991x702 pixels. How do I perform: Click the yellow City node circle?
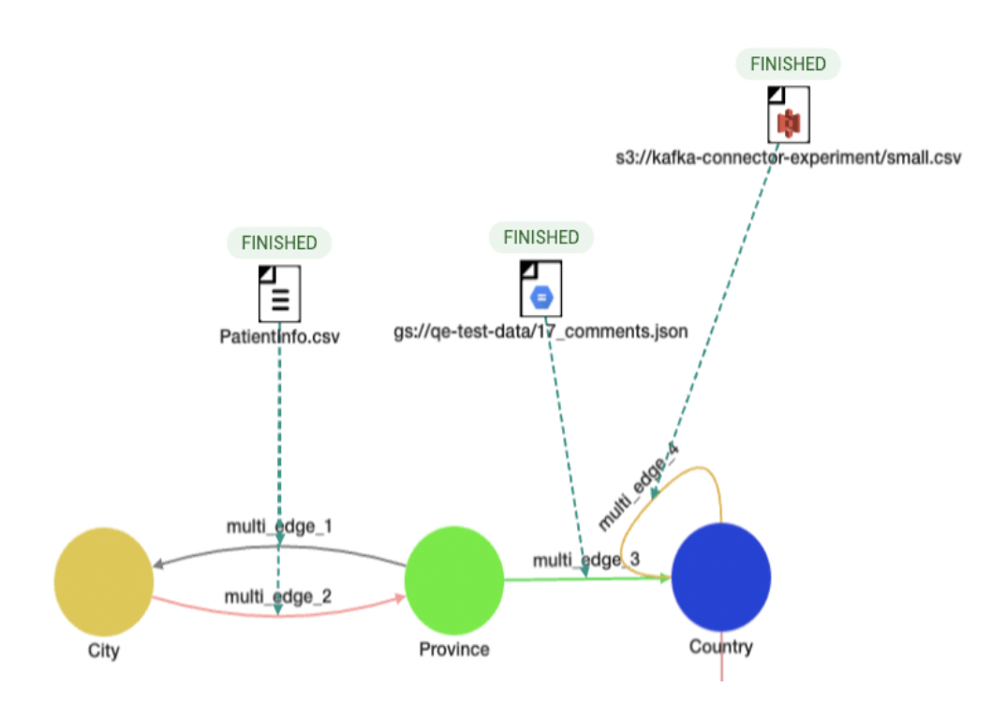coord(104,580)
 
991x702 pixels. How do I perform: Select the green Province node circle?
coord(454,579)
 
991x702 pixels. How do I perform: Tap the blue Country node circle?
coord(721,578)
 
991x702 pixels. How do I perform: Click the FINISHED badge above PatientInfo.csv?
coord(279,243)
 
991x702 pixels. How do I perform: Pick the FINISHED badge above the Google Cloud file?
coord(541,238)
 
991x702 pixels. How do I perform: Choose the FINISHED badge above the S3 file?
coord(789,65)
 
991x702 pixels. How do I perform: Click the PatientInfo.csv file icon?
coord(279,293)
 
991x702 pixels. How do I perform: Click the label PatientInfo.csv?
coord(279,336)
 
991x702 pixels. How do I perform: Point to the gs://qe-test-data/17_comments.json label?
coord(541,331)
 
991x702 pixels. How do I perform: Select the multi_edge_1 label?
coord(279,527)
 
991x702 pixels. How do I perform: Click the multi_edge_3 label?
coord(586,561)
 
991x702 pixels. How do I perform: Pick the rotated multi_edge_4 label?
coord(639,486)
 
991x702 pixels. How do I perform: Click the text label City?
coord(104,651)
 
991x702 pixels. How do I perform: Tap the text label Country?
coord(721,647)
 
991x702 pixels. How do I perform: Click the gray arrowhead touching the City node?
coord(159,564)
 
